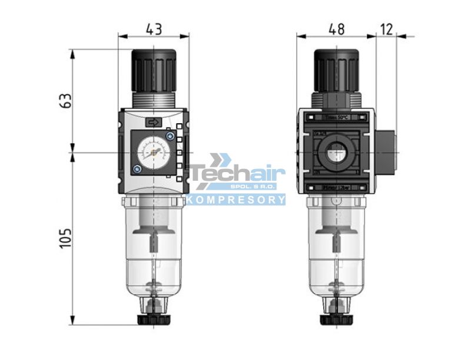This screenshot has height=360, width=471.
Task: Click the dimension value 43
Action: (154, 28)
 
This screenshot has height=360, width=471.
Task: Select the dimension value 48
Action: (337, 28)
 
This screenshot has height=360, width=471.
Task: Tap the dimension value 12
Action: (387, 28)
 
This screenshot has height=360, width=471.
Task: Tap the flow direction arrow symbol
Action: (154, 122)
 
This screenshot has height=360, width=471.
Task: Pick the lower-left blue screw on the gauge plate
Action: (137, 170)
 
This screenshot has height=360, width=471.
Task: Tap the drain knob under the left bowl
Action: (154, 319)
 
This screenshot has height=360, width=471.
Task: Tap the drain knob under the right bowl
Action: (336, 319)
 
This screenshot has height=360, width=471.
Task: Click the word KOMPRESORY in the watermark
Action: (236, 200)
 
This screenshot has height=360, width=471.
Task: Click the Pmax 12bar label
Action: (336, 187)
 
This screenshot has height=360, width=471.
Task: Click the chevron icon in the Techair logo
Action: (221, 160)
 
